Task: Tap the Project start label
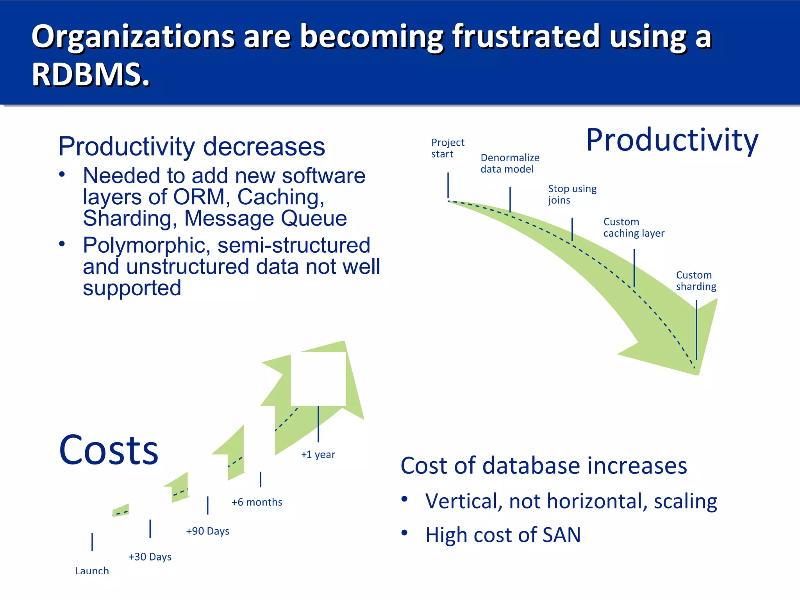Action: point(447,148)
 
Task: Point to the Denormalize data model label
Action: point(509,163)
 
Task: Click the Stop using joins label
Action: point(572,194)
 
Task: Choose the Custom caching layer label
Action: point(633,227)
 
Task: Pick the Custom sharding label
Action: point(696,280)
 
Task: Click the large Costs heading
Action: point(109,450)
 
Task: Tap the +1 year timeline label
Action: point(318,454)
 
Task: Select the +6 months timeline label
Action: point(257,502)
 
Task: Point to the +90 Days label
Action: point(207,531)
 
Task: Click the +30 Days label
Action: point(150,557)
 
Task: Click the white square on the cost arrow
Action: point(318,379)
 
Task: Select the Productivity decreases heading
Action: point(191,146)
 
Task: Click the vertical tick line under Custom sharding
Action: point(696,330)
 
